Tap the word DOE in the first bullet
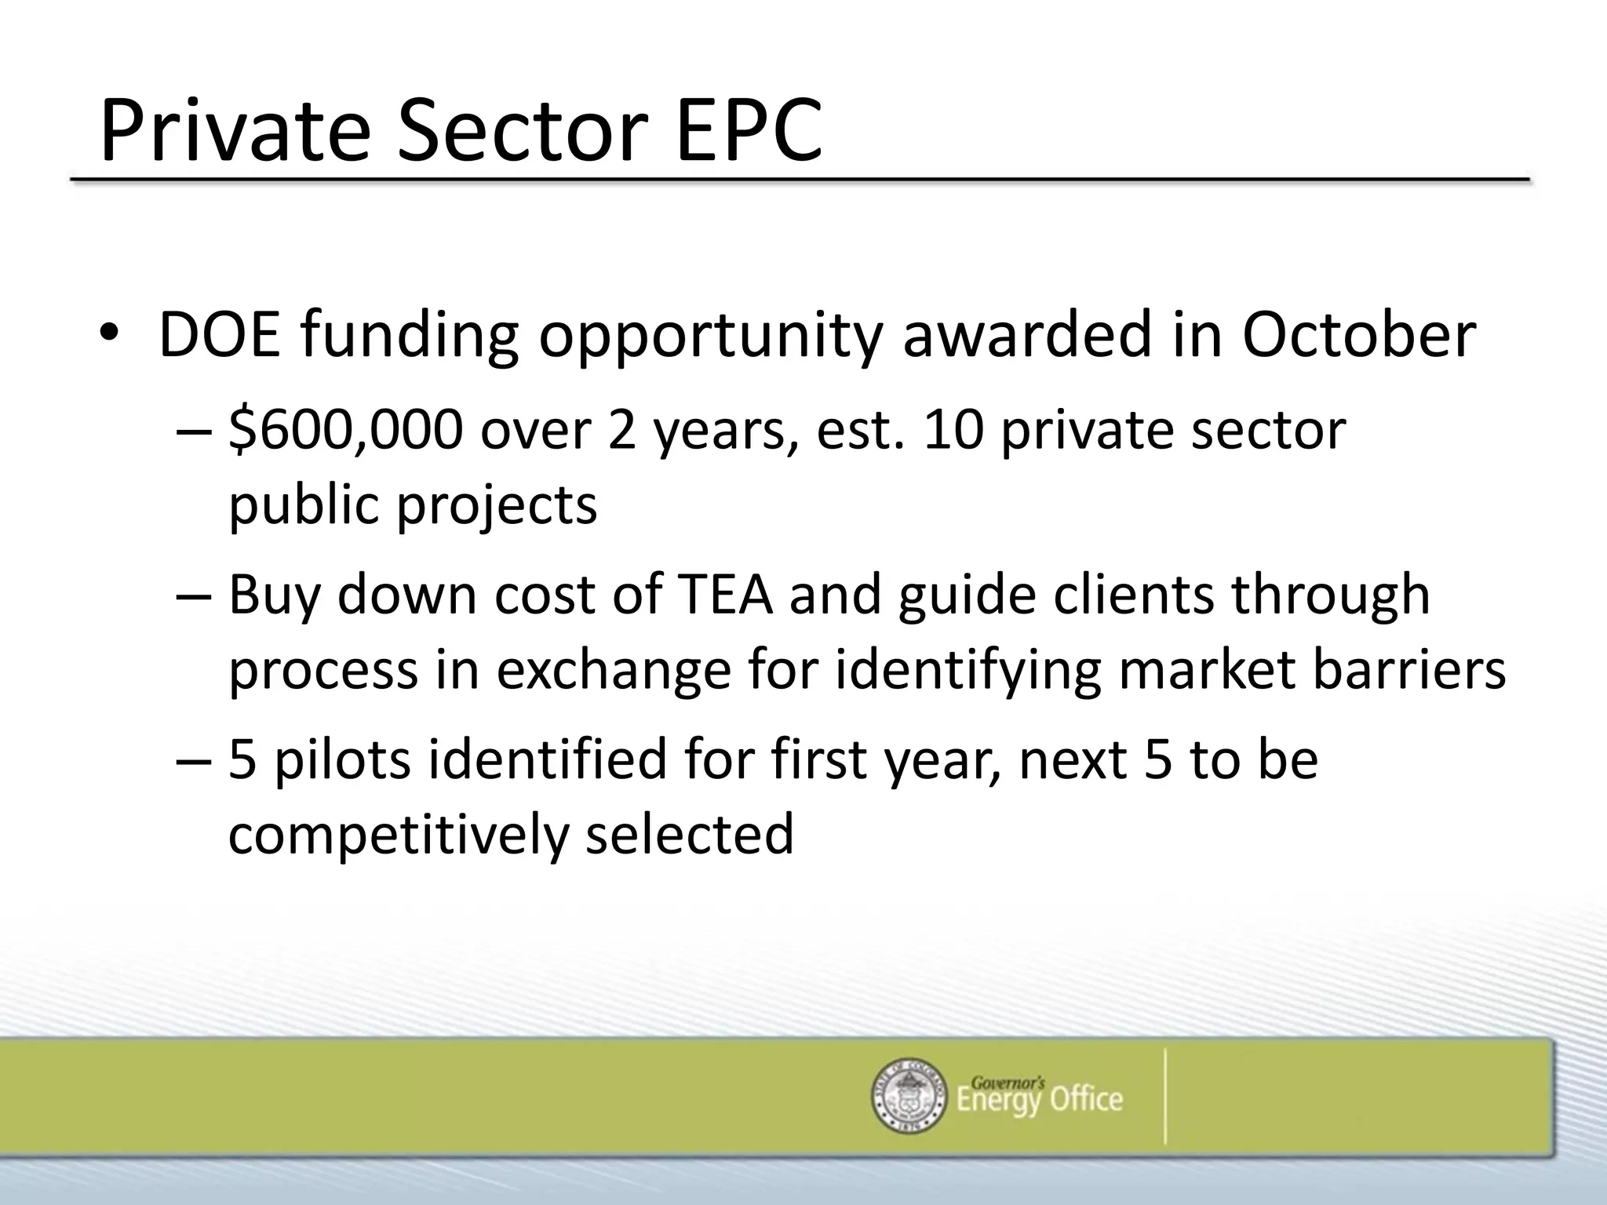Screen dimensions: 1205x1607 pyautogui.click(x=219, y=336)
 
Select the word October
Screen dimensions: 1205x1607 pyautogui.click(x=1358, y=336)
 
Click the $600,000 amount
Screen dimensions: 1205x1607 pyautogui.click(x=345, y=431)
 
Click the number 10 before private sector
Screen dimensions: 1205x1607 pyautogui.click(x=953, y=431)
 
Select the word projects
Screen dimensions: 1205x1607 pyautogui.click(x=497, y=506)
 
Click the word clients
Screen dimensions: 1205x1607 pyautogui.click(x=1133, y=594)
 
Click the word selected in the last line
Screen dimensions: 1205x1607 pyautogui.click(x=690, y=833)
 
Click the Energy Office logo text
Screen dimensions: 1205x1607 pyautogui.click(x=1039, y=1097)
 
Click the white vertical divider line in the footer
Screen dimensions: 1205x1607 pyautogui.click(x=1165, y=1096)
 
